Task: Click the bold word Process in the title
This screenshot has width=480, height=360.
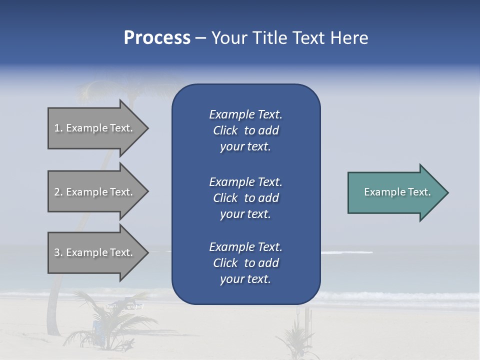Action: [x=157, y=38]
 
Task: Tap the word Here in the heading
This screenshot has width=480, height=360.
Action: [x=349, y=38]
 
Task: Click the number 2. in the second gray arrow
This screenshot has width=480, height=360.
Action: [x=58, y=192]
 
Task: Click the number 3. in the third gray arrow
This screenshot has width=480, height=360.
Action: [x=58, y=252]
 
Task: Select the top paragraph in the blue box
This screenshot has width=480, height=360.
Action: [x=245, y=130]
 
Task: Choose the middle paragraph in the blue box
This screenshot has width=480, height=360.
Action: [x=245, y=198]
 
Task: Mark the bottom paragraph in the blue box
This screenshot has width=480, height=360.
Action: [x=245, y=263]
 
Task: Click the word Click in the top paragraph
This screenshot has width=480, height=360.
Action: [x=225, y=130]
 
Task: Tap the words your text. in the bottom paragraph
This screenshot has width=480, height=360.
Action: [x=245, y=279]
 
